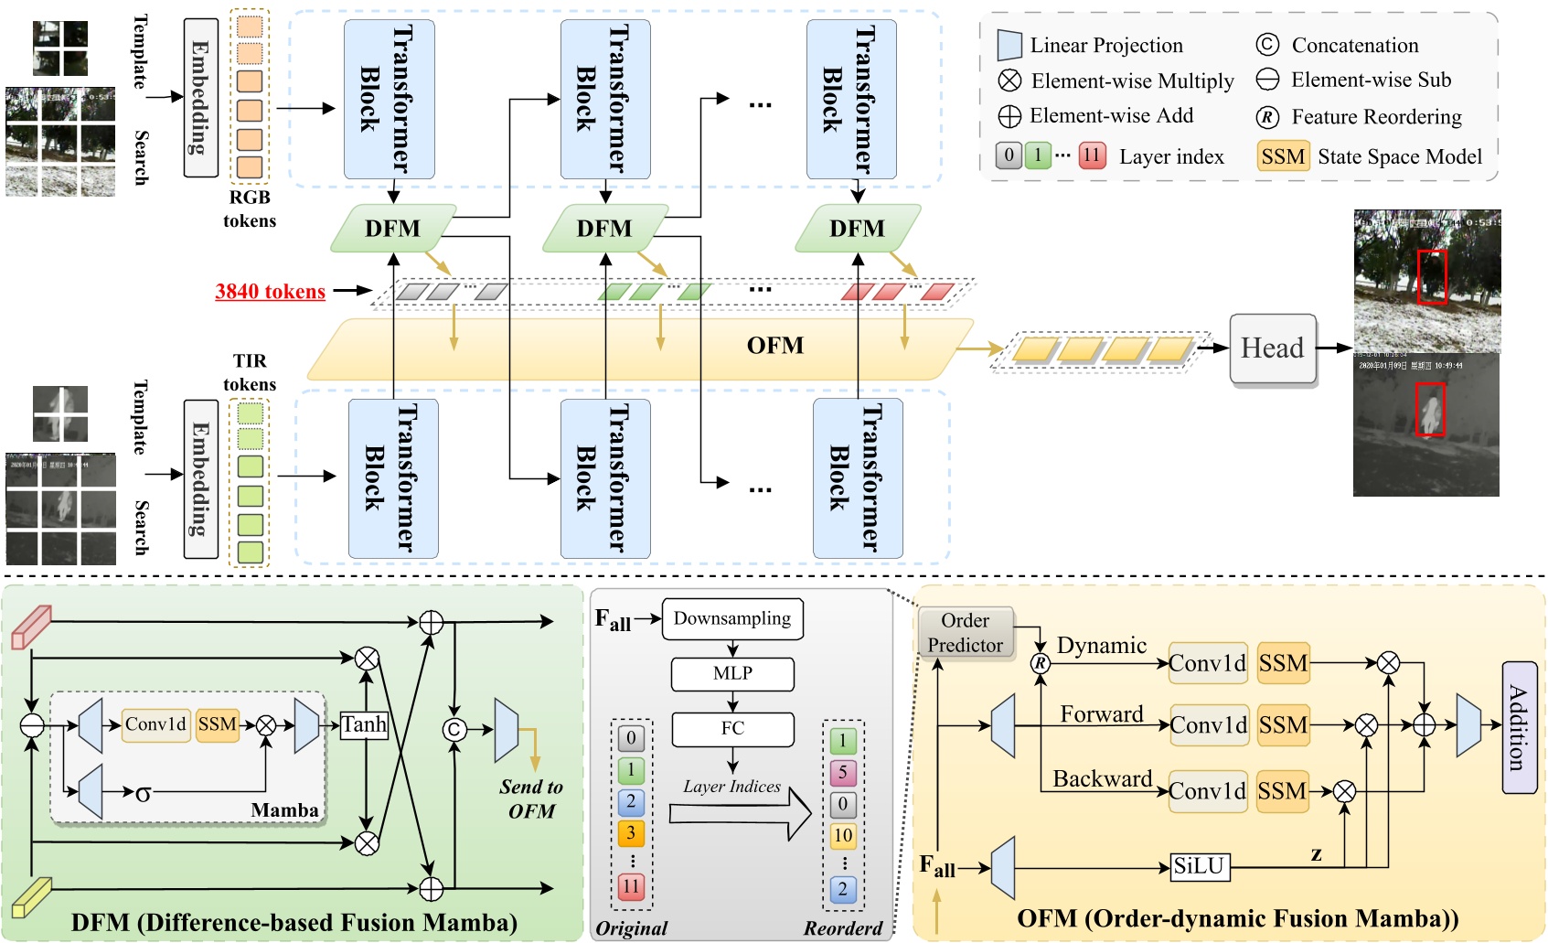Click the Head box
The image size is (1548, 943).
(x=1272, y=348)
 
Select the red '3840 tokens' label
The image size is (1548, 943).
(x=270, y=291)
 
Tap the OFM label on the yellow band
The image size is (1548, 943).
(x=774, y=346)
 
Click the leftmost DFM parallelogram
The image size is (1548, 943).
(x=393, y=228)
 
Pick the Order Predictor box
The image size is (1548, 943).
(x=965, y=632)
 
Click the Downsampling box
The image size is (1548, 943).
(x=732, y=618)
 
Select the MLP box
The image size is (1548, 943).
(x=732, y=674)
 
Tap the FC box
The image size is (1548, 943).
(x=732, y=729)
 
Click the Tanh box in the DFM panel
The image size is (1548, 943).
(x=364, y=725)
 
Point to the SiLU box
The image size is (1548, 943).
(x=1199, y=866)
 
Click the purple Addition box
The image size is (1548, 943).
(x=1518, y=727)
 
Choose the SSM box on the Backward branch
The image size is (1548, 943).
(x=1282, y=791)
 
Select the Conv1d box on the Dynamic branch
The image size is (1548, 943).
(x=1207, y=663)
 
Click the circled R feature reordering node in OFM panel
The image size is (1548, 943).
(x=1040, y=663)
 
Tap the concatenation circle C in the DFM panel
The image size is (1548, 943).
(x=454, y=729)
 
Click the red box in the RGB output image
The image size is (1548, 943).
(x=1432, y=276)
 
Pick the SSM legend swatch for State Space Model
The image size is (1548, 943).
(x=1282, y=156)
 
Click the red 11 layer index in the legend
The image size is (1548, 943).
(x=1092, y=155)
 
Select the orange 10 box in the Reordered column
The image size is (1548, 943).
(x=842, y=835)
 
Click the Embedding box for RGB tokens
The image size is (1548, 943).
(x=200, y=97)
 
